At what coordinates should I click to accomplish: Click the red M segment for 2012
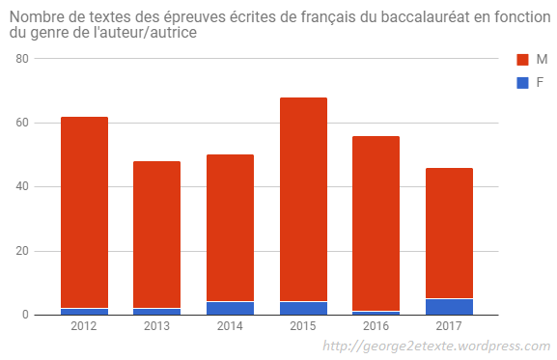tap(84, 212)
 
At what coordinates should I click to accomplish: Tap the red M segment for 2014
tap(230, 228)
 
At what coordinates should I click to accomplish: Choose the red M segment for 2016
tap(376, 223)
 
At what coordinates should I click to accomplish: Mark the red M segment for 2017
tap(449, 233)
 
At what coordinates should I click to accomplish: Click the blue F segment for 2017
tap(449, 307)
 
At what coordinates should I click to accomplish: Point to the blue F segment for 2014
tap(230, 309)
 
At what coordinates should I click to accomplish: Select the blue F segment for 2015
tap(303, 309)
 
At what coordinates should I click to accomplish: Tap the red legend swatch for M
tap(523, 61)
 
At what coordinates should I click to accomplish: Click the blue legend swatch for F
tap(523, 82)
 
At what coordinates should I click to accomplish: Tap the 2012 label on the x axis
tap(84, 327)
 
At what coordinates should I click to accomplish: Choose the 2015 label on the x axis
tap(303, 327)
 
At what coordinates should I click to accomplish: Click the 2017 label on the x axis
tap(449, 327)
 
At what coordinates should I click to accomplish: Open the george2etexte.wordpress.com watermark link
tap(435, 346)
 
